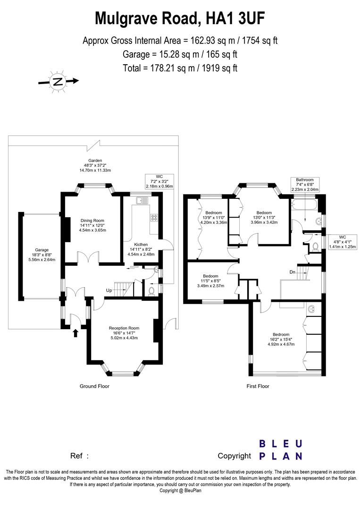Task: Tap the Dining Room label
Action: tap(92, 225)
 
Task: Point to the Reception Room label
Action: tap(124, 332)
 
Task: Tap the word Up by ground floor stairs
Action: tap(109, 289)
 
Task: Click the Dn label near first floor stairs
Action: tap(293, 272)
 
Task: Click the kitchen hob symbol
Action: tap(154, 218)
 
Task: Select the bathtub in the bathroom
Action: tap(304, 205)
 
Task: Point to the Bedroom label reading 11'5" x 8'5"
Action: tap(210, 281)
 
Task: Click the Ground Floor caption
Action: tap(94, 386)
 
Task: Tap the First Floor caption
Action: tap(258, 386)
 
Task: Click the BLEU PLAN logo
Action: tap(281, 450)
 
